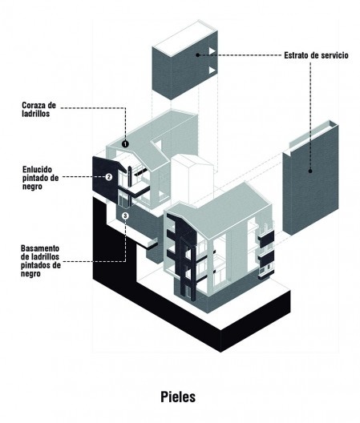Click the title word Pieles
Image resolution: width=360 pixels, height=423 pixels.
tap(178, 397)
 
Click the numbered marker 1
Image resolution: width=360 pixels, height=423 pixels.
tap(125, 144)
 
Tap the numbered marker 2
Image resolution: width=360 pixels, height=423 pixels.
tap(108, 177)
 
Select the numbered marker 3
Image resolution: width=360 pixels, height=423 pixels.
tap(125, 216)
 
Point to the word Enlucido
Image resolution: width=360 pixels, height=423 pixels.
tap(37, 169)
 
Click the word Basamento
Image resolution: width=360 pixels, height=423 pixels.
tap(40, 248)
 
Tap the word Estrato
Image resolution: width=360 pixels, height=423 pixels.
tap(296, 55)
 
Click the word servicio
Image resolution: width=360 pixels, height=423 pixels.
tap(335, 55)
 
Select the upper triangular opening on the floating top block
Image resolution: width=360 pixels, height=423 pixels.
tap(212, 51)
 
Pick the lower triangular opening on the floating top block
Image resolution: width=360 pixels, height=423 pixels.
tap(212, 70)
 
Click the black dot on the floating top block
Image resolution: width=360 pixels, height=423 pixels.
tap(198, 54)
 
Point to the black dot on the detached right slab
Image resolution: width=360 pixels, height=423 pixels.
tap(310, 171)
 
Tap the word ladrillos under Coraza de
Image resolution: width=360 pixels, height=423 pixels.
tap(36, 114)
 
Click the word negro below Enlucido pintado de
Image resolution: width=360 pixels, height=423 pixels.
tap(32, 187)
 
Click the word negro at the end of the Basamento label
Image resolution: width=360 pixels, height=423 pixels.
tap(30, 273)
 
